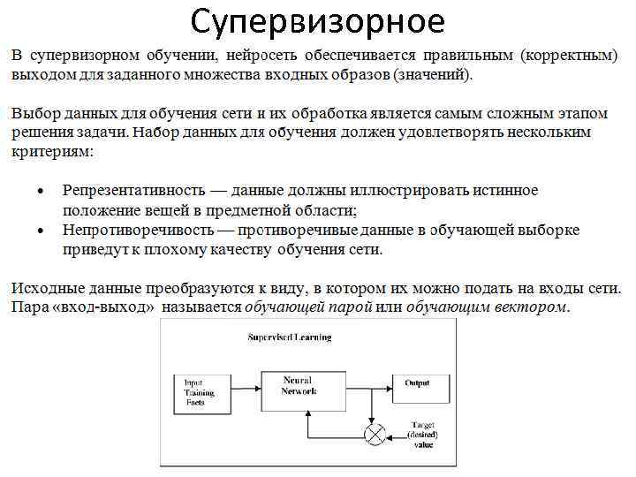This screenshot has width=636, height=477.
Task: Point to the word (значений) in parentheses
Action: [434, 74]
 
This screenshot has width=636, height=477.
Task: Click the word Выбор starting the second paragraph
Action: [33, 114]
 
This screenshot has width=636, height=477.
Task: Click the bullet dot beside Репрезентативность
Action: [40, 191]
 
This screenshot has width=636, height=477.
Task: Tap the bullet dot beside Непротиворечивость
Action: [40, 230]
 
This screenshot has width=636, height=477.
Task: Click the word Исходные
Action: [45, 288]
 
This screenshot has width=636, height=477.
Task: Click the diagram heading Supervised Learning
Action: [289, 337]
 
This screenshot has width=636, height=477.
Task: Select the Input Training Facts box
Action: [197, 391]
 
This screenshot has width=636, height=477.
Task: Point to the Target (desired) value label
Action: [422, 435]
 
